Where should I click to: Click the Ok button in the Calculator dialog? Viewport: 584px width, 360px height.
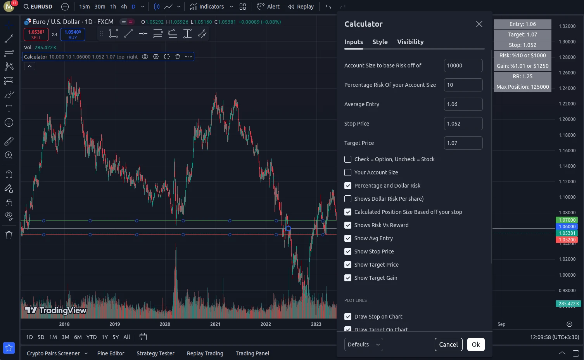click(x=475, y=344)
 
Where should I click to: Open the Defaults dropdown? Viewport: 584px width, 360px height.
click(x=363, y=344)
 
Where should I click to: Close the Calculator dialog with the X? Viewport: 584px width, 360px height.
click(x=479, y=24)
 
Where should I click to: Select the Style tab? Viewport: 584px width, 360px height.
click(x=380, y=42)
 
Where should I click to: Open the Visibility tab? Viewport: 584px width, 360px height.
click(x=410, y=42)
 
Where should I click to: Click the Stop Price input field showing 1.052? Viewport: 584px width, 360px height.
click(x=463, y=124)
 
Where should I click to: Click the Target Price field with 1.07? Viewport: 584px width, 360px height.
click(x=463, y=143)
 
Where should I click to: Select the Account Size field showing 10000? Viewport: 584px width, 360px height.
click(x=463, y=65)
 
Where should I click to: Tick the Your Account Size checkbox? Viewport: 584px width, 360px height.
click(x=348, y=172)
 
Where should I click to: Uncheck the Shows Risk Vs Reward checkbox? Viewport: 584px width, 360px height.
click(x=348, y=225)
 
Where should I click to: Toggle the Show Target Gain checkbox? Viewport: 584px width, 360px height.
click(x=348, y=278)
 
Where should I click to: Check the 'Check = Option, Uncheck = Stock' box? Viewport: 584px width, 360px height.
click(x=348, y=159)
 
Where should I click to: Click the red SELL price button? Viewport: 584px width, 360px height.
click(x=36, y=34)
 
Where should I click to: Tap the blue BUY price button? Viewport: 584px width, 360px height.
click(x=73, y=34)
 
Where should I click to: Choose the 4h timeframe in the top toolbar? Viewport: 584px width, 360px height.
click(x=124, y=7)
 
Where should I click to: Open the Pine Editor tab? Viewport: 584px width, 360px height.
click(x=111, y=353)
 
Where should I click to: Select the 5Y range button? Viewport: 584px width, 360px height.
click(x=116, y=337)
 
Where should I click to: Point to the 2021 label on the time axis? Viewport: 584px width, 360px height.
click(x=215, y=324)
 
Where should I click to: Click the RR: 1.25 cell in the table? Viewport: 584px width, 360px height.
click(x=522, y=76)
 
